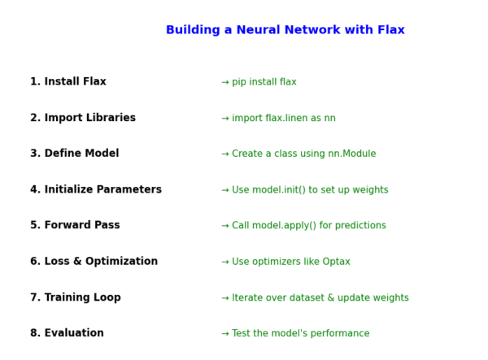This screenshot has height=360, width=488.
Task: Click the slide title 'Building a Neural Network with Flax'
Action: (x=285, y=30)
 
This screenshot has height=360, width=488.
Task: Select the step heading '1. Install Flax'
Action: (x=68, y=82)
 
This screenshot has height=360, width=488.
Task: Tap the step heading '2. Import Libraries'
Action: (x=83, y=118)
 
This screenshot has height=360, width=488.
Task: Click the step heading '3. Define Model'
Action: (x=75, y=154)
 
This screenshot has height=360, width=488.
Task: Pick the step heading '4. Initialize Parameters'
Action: (x=96, y=190)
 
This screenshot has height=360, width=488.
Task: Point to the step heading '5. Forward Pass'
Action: (x=75, y=226)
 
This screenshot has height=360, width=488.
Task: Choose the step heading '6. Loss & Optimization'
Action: (x=94, y=262)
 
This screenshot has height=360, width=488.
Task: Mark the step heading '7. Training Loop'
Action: (x=76, y=298)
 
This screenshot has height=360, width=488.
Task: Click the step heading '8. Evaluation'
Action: (x=68, y=334)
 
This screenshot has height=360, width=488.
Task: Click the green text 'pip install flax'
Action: (x=264, y=82)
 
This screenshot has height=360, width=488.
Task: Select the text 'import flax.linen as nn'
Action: (x=283, y=119)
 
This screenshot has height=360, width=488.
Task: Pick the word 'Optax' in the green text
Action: (x=336, y=262)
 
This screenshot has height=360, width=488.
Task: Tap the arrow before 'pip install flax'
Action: (x=225, y=82)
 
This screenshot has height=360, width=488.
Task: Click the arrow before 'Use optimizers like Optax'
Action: (x=225, y=262)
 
